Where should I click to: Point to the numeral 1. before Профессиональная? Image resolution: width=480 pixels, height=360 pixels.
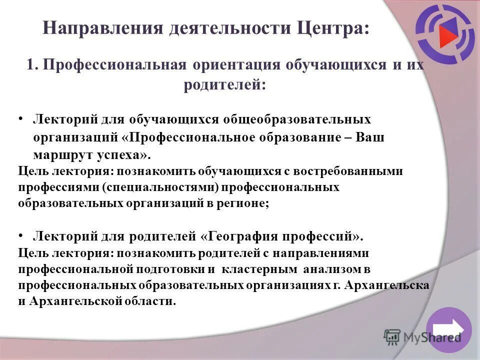tap(32, 65)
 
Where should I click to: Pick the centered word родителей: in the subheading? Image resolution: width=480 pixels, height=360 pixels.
tap(224, 85)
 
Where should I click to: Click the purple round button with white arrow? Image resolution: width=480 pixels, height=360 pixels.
tap(448, 330)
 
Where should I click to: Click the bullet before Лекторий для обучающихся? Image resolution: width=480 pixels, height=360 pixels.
tap(21, 119)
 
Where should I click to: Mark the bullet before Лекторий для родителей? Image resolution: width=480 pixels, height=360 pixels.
tap(21, 234)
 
